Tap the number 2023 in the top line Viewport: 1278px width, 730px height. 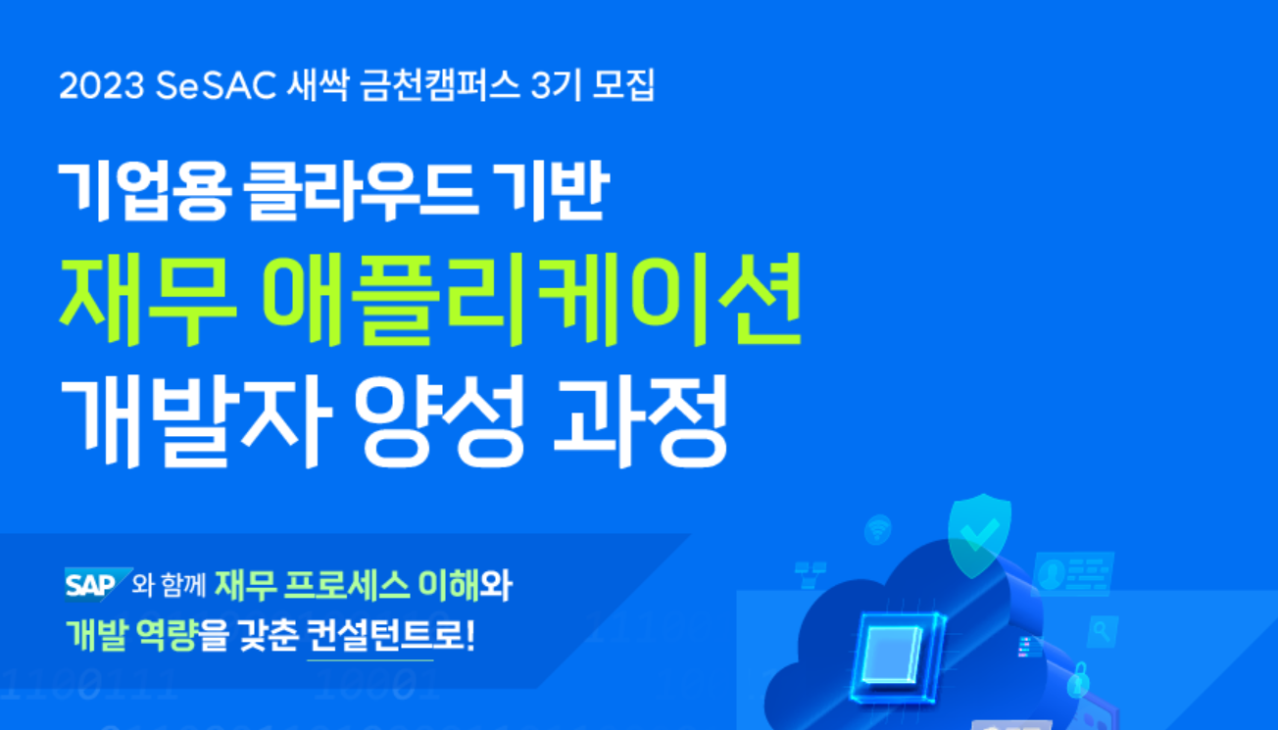[x=102, y=86]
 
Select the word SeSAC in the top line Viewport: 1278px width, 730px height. [x=216, y=86]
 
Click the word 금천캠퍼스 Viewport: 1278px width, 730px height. [x=440, y=86]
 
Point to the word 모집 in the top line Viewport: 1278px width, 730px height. [x=623, y=86]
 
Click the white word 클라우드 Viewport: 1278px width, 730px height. [x=360, y=191]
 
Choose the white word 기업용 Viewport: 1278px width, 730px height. [x=145, y=191]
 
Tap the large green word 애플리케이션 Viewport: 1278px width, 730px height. [x=532, y=301]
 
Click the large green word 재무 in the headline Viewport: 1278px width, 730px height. [x=148, y=301]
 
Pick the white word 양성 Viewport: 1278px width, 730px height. [x=440, y=422]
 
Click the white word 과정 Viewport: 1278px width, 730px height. [x=641, y=422]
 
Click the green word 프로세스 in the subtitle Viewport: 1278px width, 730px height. [x=346, y=585]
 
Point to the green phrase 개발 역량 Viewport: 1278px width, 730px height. [x=131, y=636]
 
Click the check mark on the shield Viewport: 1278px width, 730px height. [x=980, y=534]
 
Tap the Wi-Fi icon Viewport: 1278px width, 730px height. [x=878, y=530]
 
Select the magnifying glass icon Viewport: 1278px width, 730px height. [x=1102, y=632]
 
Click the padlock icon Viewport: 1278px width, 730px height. [x=1078, y=680]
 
